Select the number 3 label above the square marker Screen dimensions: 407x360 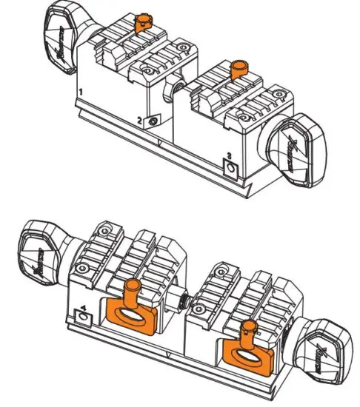[229, 155]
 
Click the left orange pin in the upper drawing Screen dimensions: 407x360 [142, 20]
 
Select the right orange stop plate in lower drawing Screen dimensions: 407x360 [244, 353]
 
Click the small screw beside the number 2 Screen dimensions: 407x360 [153, 121]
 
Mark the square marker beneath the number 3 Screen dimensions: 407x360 [231, 168]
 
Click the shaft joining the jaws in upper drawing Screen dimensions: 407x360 [173, 92]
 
